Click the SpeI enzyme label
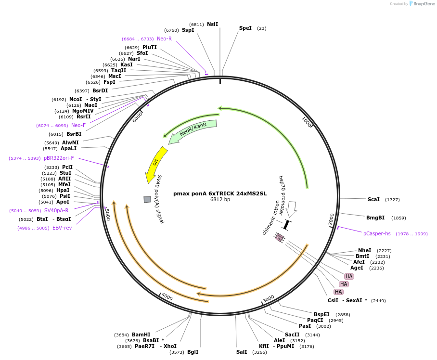pyautogui.click(x=245, y=28)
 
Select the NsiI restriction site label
pyautogui.click(x=212, y=24)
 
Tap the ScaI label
pyautogui.click(x=373, y=199)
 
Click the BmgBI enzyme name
pyautogui.click(x=375, y=218)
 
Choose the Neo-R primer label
pyautogui.click(x=164, y=39)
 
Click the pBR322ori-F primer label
pyautogui.click(x=59, y=158)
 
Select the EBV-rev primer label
pyautogui.click(x=62, y=228)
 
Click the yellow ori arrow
pyautogui.click(x=156, y=164)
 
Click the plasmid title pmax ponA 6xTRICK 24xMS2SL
pyautogui.click(x=220, y=194)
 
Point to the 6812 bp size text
pyautogui.click(x=220, y=200)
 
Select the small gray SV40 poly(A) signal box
pyautogui.click(x=147, y=199)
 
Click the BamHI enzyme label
pyautogui.click(x=141, y=334)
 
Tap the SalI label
pyautogui.click(x=242, y=352)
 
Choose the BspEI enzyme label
pyautogui.click(x=321, y=314)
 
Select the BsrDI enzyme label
pyautogui.click(x=100, y=90)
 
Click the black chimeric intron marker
pyautogui.click(x=286, y=225)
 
